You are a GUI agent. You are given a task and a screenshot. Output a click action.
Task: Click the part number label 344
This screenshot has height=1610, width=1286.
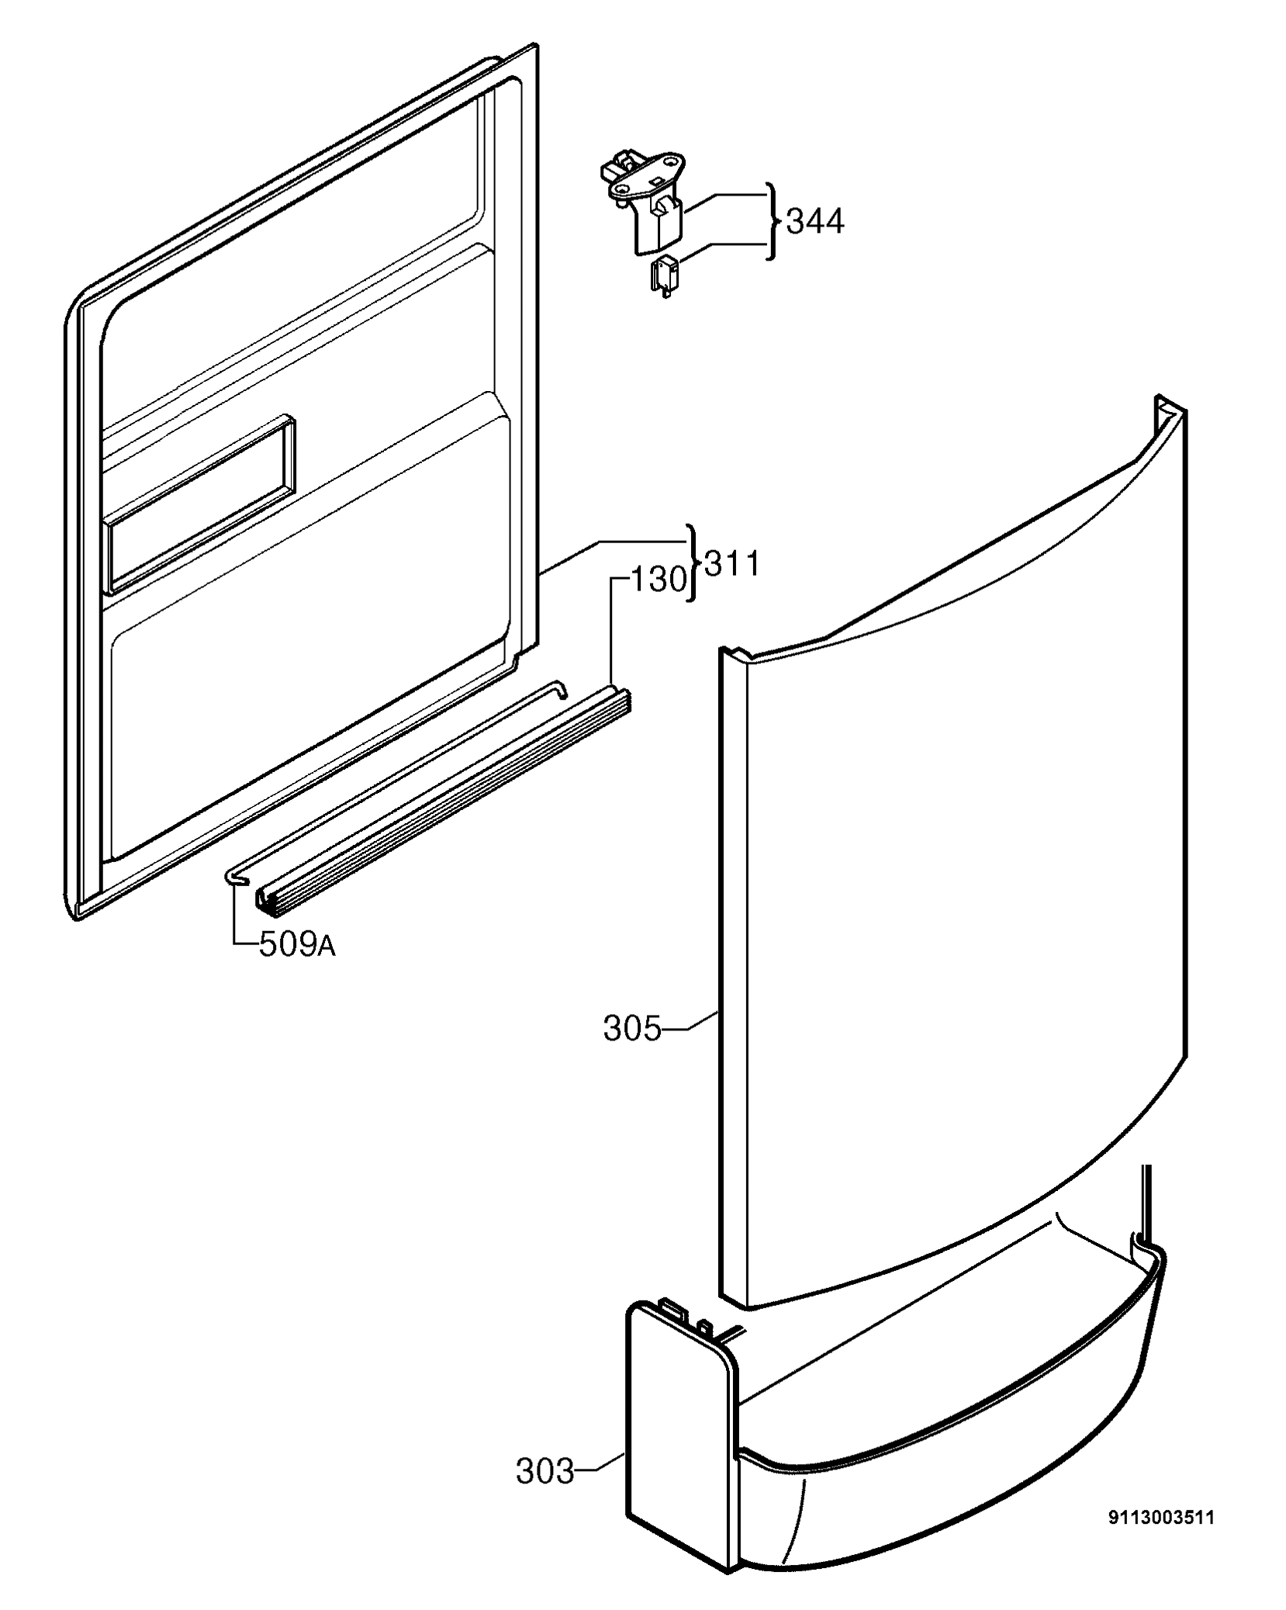point(814,222)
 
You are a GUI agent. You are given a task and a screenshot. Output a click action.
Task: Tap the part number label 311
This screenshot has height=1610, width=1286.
point(731,564)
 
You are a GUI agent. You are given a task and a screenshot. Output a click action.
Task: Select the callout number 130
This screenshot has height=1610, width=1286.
point(659,580)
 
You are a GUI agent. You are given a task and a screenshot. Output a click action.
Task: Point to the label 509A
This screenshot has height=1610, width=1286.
point(297,945)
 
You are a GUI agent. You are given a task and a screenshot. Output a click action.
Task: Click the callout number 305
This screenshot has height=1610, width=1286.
point(632,1029)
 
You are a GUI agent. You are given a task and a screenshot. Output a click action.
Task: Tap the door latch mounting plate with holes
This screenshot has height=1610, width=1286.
point(645,178)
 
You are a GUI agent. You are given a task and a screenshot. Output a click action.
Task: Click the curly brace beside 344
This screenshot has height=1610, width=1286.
point(771,222)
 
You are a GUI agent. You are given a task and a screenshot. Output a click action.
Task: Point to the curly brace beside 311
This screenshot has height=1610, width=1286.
point(693,565)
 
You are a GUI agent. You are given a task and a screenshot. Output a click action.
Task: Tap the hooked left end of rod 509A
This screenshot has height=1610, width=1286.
point(237,876)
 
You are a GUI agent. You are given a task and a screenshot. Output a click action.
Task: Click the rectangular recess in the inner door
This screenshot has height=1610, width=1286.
point(200,503)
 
